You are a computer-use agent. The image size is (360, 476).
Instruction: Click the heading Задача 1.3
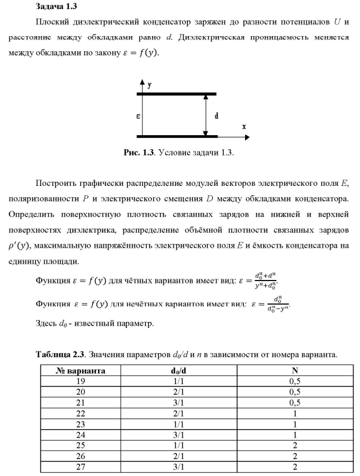coord(56,7)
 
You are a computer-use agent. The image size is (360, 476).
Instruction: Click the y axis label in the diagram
coord(149,86)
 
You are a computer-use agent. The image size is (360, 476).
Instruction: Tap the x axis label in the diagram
coord(244,127)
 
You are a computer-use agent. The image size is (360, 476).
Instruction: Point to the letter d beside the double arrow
coord(217,115)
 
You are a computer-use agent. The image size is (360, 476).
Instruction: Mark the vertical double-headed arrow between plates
coord(206,115)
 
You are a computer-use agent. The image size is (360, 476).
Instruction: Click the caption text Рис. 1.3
coord(139,152)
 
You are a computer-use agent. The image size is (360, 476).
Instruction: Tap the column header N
coord(294,371)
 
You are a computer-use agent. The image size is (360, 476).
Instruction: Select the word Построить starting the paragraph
coord(55,183)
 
